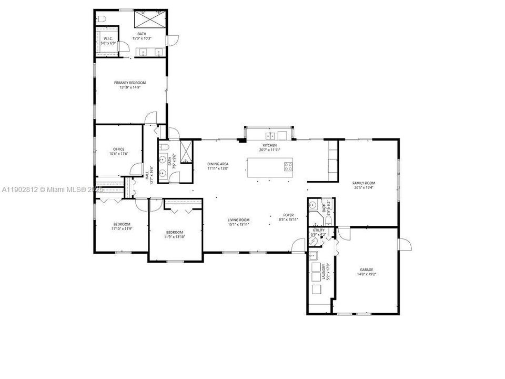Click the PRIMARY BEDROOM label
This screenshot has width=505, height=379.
pyautogui.click(x=130, y=83)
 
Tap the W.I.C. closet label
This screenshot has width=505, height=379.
pyautogui.click(x=108, y=38)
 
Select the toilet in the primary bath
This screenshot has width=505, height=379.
pyautogui.click(x=102, y=19)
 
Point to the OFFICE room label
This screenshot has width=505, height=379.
pyautogui.click(x=118, y=149)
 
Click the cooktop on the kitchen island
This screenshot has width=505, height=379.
pyautogui.click(x=288, y=166)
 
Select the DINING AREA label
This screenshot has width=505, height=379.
pyautogui.click(x=217, y=164)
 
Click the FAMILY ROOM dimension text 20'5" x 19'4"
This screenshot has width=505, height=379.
pyautogui.click(x=363, y=187)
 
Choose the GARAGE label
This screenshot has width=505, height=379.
pyautogui.click(x=366, y=269)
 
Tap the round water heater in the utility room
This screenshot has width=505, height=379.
pyautogui.click(x=314, y=241)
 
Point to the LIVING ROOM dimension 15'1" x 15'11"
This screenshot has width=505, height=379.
pyautogui.click(x=238, y=224)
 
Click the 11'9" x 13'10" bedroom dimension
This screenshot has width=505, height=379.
pyautogui.click(x=175, y=237)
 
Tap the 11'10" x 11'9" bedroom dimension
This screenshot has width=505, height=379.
pyautogui.click(x=122, y=229)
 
